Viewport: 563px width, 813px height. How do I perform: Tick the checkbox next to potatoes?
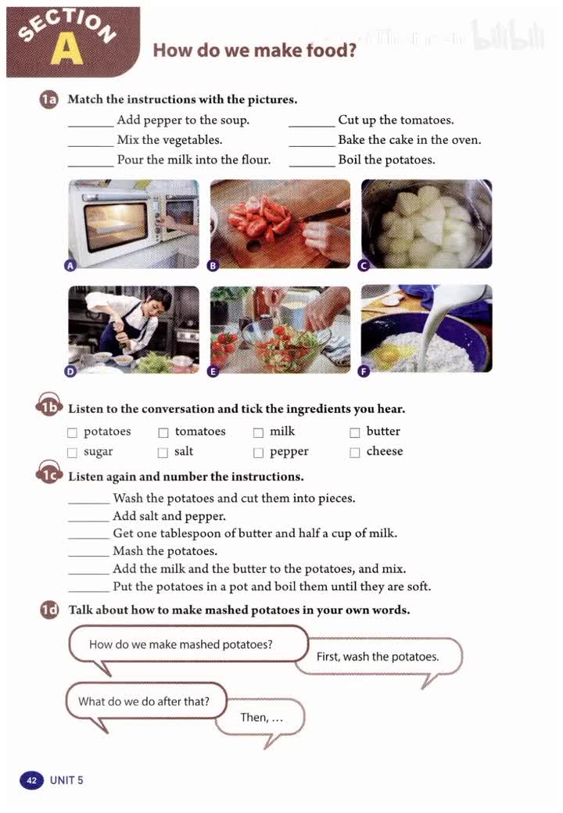pos(72,432)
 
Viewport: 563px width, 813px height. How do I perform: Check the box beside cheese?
pos(354,453)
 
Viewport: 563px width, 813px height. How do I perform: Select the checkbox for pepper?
pos(258,453)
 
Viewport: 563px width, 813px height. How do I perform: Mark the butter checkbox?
pos(354,432)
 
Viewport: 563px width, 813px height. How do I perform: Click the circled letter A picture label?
pos(70,266)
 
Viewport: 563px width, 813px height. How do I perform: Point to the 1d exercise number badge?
pos(49,610)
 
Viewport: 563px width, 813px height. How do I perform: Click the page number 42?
pos(31,780)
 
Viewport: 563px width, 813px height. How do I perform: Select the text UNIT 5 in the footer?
pos(66,780)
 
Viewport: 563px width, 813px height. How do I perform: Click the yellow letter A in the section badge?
pos(67,50)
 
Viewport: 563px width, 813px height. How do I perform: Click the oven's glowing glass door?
pos(117,226)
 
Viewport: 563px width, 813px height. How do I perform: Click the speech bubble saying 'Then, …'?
pos(260,718)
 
